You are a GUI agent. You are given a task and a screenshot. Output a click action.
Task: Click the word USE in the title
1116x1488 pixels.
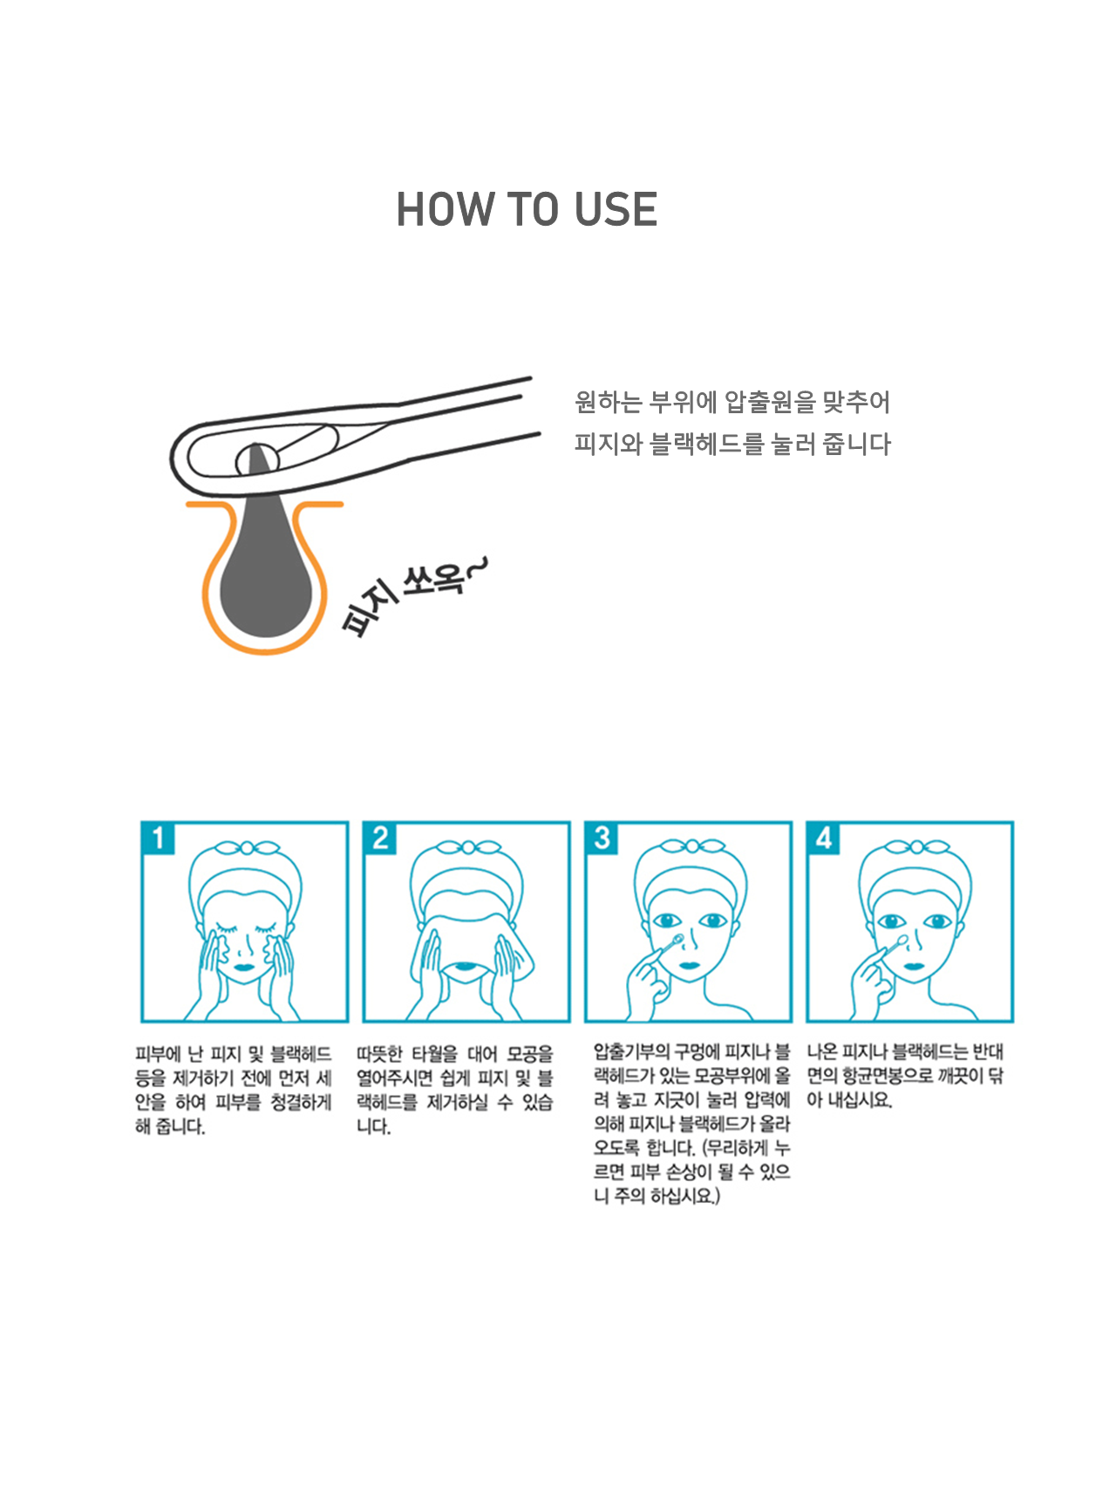[x=616, y=210]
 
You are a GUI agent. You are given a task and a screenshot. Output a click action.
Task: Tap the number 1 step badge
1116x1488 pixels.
[x=158, y=839]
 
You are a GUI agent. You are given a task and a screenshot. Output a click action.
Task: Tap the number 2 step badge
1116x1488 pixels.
[x=380, y=839]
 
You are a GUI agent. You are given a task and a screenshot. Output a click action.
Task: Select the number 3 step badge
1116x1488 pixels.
[x=602, y=839]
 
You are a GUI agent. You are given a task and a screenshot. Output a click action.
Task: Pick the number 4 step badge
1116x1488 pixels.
[x=824, y=839]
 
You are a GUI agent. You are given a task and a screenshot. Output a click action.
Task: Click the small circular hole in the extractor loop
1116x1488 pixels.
[x=257, y=459]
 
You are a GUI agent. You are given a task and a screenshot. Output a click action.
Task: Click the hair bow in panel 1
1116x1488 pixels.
[x=247, y=847]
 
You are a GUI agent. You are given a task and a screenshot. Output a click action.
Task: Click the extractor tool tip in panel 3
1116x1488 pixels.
[x=677, y=940]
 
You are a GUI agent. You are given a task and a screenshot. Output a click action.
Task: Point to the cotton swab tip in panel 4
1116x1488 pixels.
[x=902, y=940]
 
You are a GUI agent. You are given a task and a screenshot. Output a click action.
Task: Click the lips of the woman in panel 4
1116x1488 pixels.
[x=914, y=966]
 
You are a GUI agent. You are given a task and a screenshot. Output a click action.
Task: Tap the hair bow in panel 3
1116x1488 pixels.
[x=691, y=847]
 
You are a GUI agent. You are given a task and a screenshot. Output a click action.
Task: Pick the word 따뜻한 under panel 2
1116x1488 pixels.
[x=379, y=1054]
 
